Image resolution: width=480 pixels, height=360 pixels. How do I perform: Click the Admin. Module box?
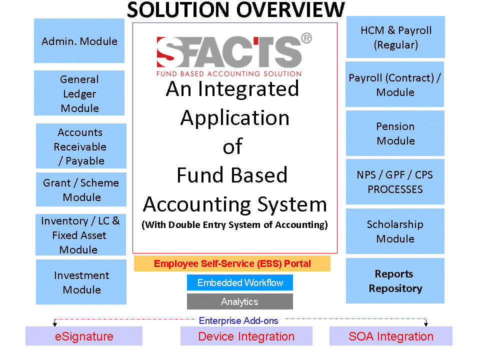79,40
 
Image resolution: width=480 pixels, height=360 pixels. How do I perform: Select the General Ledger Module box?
79,93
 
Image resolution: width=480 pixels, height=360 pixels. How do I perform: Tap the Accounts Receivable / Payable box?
81,146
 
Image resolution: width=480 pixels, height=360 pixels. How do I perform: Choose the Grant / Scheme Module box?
81,189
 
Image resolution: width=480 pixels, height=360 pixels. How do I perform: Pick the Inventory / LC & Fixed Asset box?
81,235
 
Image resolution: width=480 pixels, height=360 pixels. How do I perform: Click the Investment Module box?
81,282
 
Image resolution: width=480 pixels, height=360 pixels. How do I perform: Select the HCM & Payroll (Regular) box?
395,37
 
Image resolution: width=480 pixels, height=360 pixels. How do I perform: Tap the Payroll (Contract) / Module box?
395,84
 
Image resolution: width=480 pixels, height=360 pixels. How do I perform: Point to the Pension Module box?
395,133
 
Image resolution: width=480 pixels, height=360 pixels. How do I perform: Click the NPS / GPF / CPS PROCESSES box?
395,182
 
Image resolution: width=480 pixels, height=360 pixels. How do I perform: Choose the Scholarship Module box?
395,231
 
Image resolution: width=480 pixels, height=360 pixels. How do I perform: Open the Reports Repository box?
395,280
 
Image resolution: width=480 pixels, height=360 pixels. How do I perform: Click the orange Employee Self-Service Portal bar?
232,263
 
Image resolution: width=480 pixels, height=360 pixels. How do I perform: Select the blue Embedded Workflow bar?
240,282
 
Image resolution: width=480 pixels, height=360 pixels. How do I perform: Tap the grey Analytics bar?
240,301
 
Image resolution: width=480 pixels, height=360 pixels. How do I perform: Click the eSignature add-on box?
84,336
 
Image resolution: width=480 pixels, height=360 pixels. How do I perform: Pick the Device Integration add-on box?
246,336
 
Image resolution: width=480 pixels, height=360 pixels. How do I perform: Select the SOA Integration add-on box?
391,336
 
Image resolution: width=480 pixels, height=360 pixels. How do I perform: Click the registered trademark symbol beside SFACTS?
306,38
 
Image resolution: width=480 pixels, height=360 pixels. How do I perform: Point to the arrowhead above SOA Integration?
426,324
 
